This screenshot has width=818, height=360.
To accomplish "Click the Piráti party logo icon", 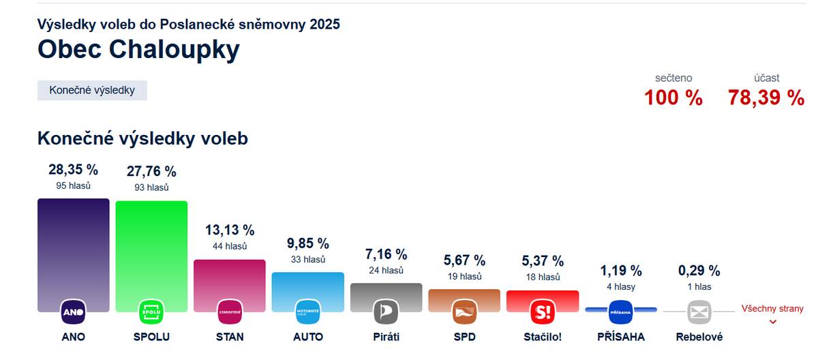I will (386, 312).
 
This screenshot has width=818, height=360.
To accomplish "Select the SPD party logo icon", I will (464, 312).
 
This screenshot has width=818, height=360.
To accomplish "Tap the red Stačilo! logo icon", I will (543, 312).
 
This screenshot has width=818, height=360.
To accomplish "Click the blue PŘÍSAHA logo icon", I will (621, 312).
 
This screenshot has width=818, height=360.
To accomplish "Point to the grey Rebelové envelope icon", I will (699, 312).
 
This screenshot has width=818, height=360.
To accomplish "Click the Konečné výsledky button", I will (92, 90).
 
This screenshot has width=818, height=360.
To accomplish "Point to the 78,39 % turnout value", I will (766, 97).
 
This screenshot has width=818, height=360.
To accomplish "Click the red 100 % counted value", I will (673, 97).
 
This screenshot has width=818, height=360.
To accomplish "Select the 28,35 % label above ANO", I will (73, 169).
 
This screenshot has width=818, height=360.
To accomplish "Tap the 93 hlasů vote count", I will (151, 187).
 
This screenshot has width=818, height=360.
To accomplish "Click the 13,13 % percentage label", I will (229, 230).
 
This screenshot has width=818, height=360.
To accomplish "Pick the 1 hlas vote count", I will (698, 287).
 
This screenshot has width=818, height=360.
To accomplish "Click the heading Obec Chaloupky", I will (138, 50).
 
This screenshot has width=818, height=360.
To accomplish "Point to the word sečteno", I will (673, 78).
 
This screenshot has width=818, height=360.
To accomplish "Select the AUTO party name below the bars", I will (308, 337).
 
